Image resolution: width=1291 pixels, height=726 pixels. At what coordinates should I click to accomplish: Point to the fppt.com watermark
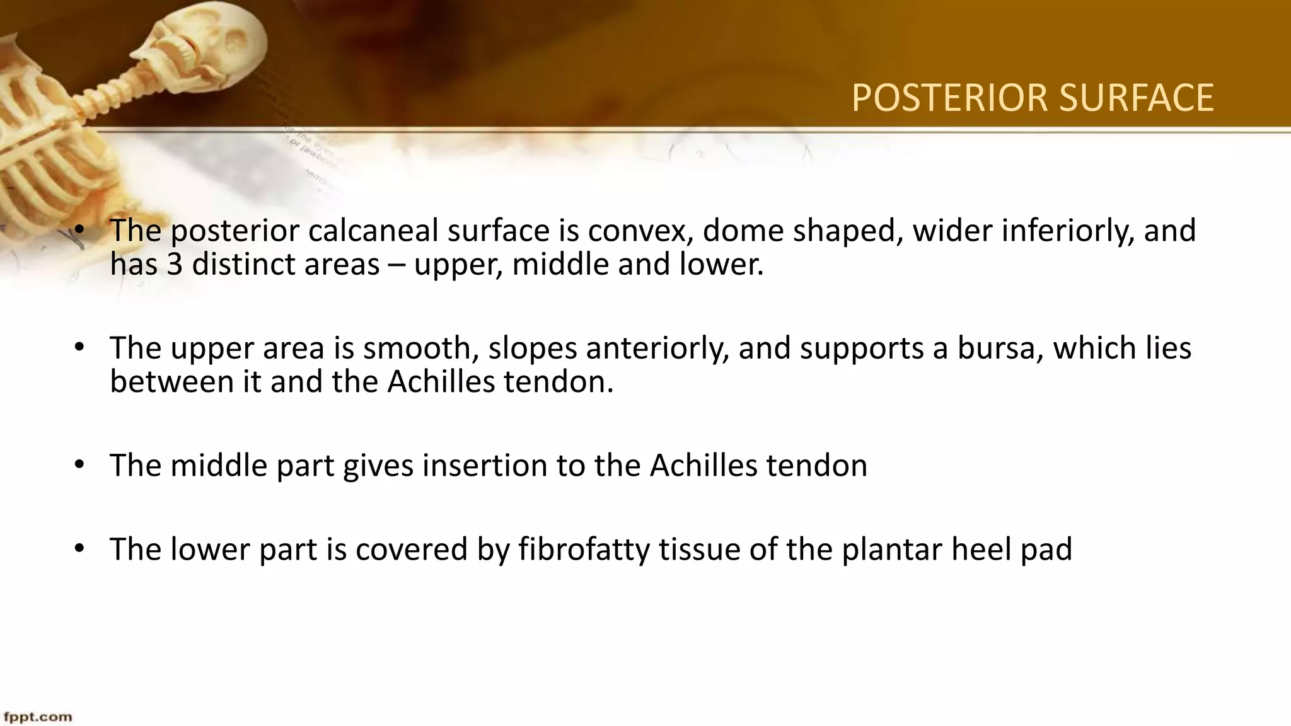(38, 717)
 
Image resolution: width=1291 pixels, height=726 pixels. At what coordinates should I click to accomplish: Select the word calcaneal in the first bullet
(373, 231)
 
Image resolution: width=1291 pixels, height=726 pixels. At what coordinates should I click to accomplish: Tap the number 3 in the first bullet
(175, 264)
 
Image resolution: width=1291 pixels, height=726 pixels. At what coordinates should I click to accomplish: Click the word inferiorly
(1068, 231)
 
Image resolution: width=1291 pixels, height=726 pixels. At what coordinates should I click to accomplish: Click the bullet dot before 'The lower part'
(79, 549)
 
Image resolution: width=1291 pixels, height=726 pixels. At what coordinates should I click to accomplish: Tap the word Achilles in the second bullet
(441, 381)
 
